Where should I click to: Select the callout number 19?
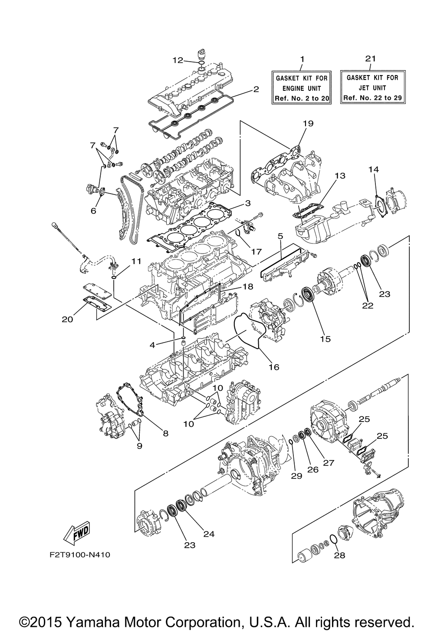tap(308, 124)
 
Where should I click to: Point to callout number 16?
tap(273, 367)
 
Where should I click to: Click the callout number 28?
tap(339, 555)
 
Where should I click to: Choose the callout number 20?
tap(67, 319)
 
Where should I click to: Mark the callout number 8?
tap(165, 433)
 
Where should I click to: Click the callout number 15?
tap(325, 339)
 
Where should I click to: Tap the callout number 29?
tap(296, 476)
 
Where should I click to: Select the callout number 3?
tap(247, 203)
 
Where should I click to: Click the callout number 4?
tap(152, 345)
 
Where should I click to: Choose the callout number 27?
tap(329, 463)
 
